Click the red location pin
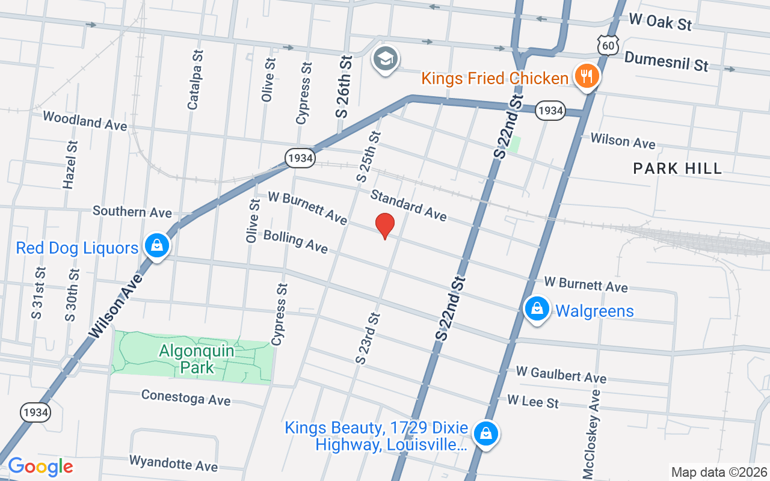tap(385, 225)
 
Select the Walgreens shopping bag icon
tap(537, 309)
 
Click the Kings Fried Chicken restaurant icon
tap(585, 76)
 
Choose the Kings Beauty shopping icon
tap(485, 433)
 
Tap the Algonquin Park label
tap(187, 358)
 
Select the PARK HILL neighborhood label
tap(677, 168)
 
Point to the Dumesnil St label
tap(667, 61)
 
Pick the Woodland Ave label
tap(85, 120)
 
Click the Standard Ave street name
tap(408, 205)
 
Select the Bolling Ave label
tap(295, 241)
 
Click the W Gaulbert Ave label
tap(561, 375)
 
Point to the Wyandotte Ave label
tap(173, 463)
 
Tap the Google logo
tap(40, 467)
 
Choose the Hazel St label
tap(71, 165)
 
